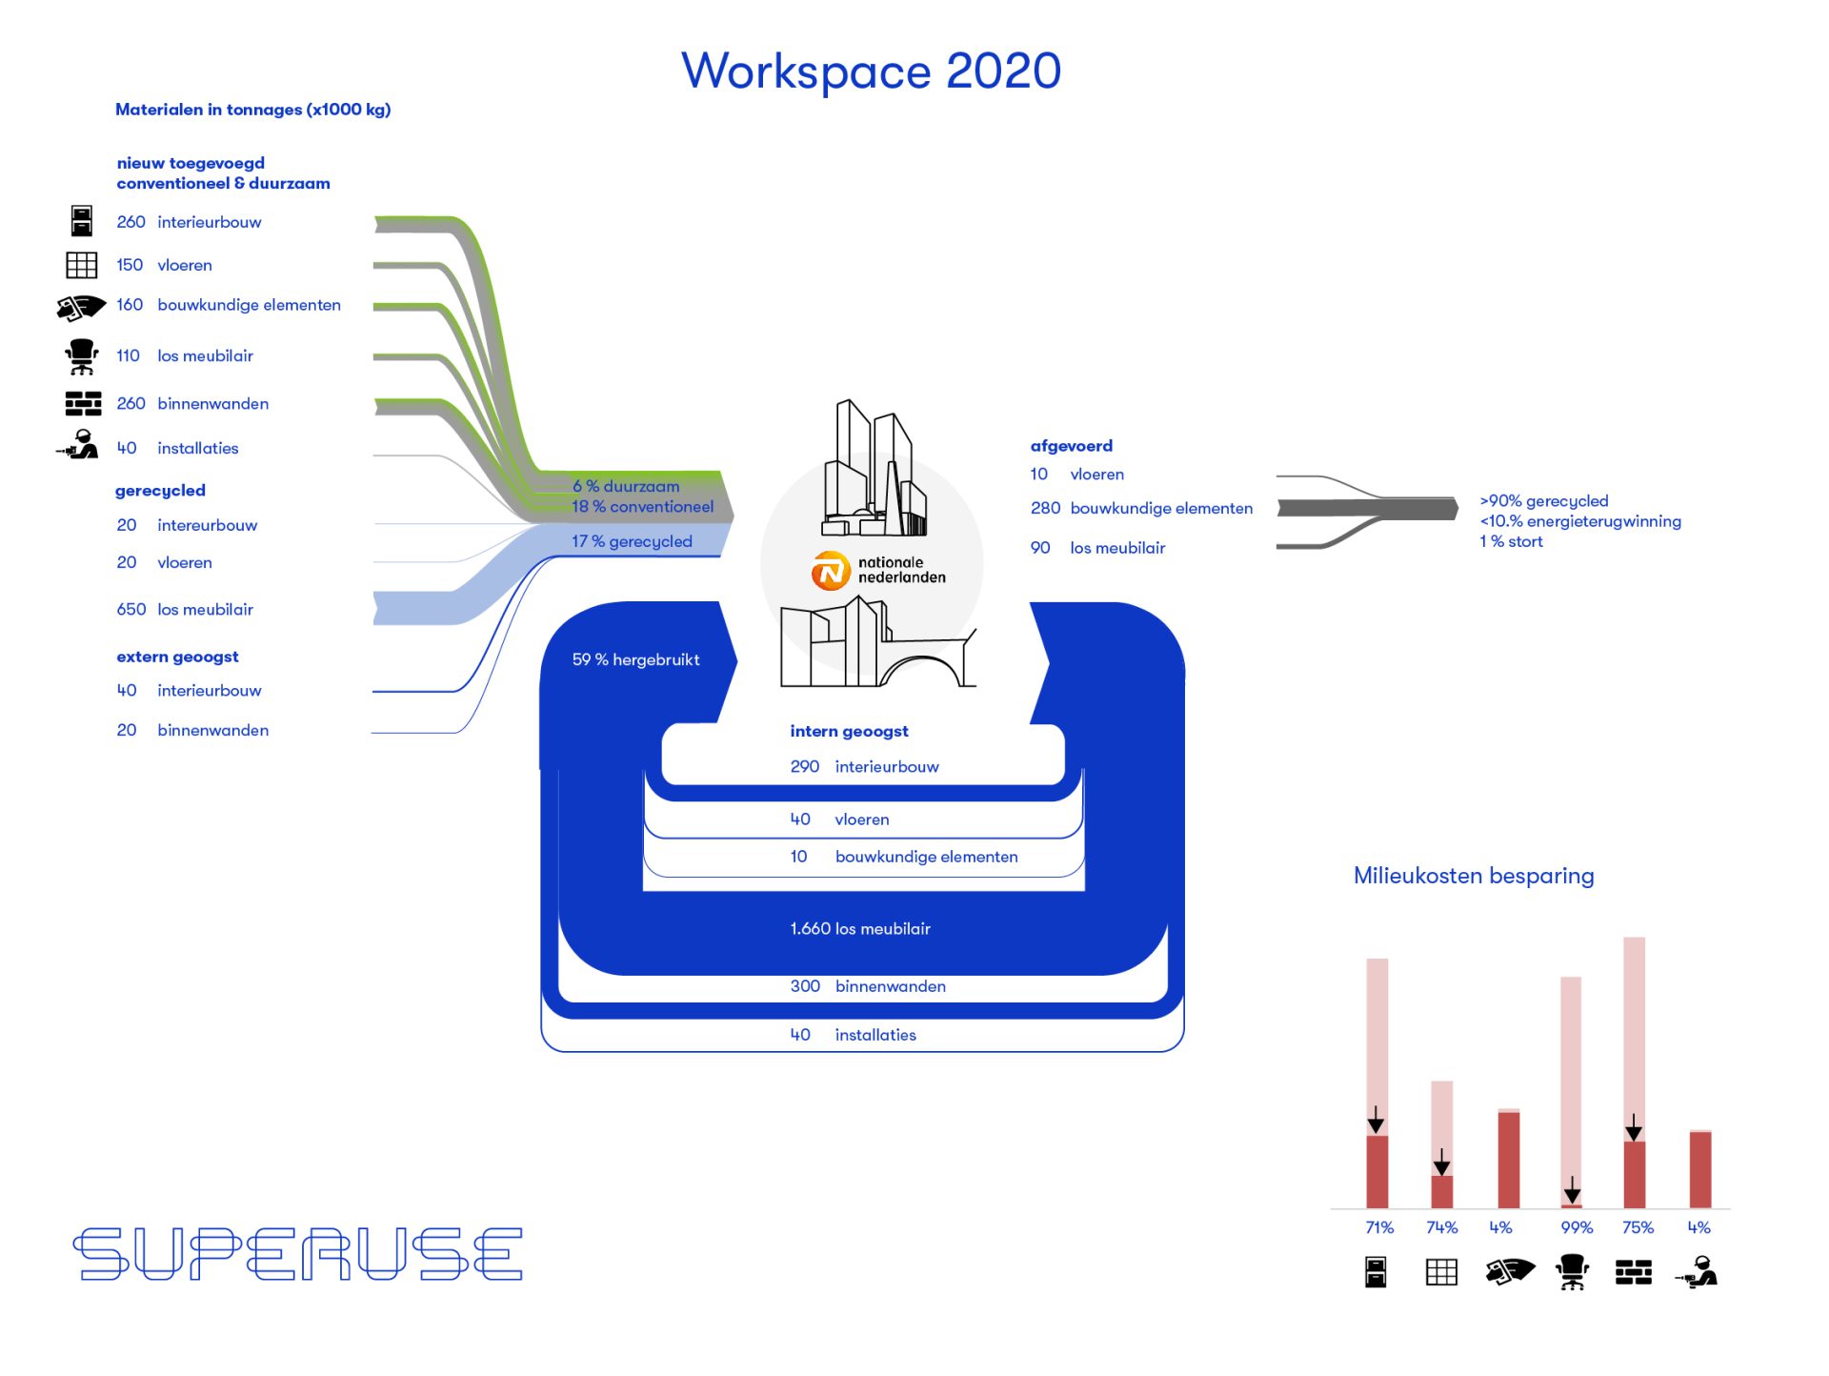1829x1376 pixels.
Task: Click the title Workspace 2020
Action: (x=871, y=71)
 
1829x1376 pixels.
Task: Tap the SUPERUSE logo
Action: (x=298, y=1253)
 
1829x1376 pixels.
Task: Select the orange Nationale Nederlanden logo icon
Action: (x=830, y=571)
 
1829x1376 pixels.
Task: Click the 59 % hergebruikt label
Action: (x=635, y=659)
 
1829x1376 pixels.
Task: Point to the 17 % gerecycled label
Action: (x=632, y=541)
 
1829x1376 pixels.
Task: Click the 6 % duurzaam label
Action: (x=626, y=486)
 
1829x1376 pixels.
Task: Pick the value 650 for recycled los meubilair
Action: (x=131, y=609)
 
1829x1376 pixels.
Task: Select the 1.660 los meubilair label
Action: (x=859, y=928)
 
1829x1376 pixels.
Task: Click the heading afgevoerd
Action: (x=1071, y=445)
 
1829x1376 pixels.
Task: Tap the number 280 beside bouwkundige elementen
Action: (x=1045, y=508)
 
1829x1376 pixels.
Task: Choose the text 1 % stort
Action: (x=1511, y=541)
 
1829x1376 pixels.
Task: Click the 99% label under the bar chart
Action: (x=1577, y=1227)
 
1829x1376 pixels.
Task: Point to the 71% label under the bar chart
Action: (x=1379, y=1227)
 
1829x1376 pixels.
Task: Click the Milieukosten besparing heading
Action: (x=1474, y=876)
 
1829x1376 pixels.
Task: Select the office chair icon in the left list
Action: (x=82, y=356)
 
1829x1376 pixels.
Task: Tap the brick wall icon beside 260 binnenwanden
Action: (x=83, y=403)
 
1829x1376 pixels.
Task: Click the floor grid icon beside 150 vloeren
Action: (x=82, y=265)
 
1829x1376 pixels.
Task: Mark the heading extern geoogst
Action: (x=177, y=657)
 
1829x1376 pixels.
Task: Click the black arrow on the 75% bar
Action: (x=1634, y=1128)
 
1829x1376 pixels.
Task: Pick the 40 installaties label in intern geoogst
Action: (x=853, y=1035)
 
